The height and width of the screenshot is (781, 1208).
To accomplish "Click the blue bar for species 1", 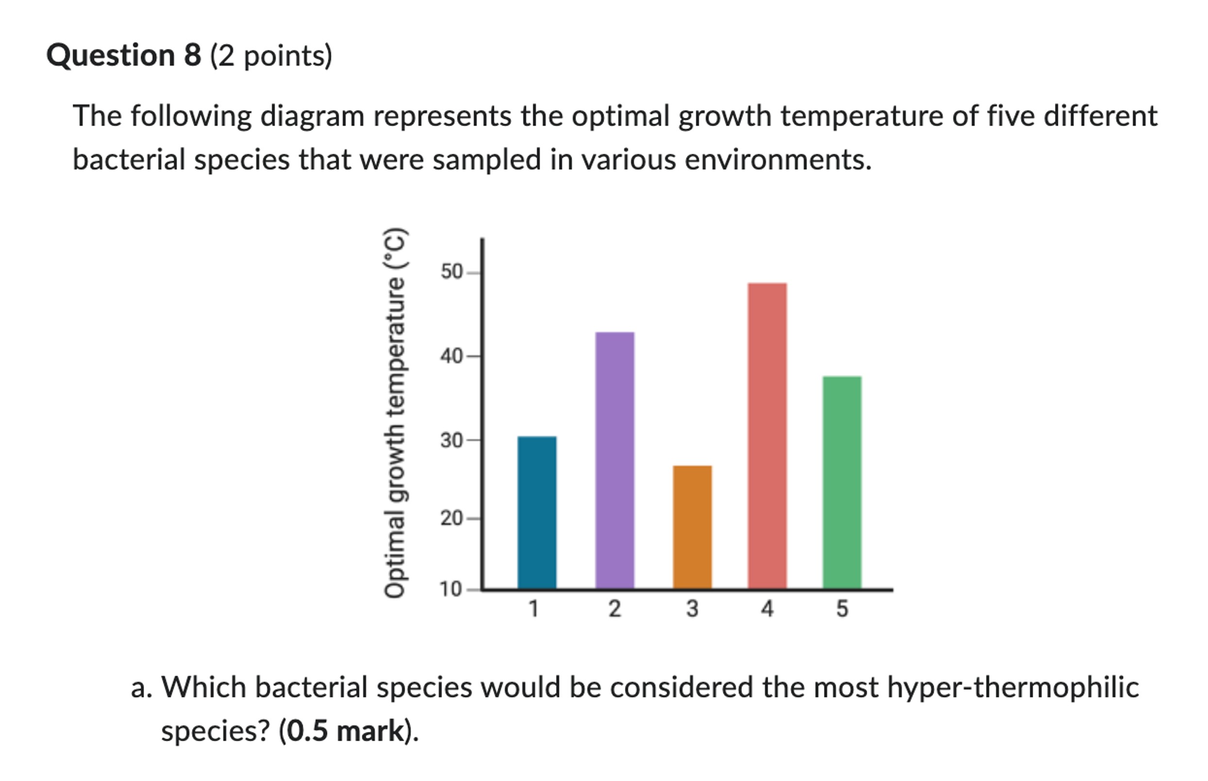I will point(536,512).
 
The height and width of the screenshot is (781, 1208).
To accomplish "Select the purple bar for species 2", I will point(614,460).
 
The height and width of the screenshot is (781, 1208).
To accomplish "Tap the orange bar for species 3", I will point(692,527).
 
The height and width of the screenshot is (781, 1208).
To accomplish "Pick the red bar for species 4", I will point(767,436).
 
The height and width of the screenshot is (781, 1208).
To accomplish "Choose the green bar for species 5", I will point(841,482).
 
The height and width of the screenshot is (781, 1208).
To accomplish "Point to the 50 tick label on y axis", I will point(451,272).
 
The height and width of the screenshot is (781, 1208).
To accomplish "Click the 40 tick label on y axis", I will point(451,356).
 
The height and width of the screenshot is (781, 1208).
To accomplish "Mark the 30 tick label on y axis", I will point(451,439).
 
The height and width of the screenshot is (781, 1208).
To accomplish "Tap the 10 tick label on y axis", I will point(450,589).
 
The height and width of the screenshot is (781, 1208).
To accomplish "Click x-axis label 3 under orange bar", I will point(692,609).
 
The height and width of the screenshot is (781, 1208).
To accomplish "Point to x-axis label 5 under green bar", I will point(842,609).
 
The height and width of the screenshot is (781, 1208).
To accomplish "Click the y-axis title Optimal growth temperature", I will point(395,413).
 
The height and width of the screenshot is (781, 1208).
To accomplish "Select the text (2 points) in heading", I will point(271,56).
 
